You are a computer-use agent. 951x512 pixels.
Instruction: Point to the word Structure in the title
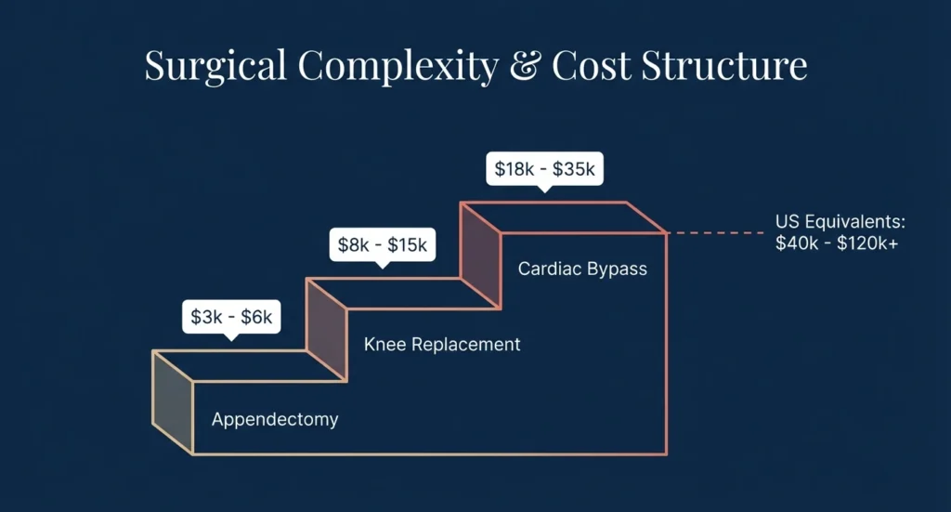(x=727, y=67)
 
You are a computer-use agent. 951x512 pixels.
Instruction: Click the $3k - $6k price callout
(x=231, y=317)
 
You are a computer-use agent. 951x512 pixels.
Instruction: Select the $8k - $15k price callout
(x=382, y=245)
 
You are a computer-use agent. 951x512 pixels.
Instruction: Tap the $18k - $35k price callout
(x=543, y=170)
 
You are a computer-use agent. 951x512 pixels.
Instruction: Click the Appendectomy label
(x=275, y=419)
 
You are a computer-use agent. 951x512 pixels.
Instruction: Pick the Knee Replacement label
(x=442, y=345)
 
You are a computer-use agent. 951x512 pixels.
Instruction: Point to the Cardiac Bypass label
(x=582, y=269)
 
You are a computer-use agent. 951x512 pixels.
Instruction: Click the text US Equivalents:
(x=840, y=223)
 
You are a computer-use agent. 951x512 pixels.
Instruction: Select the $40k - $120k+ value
(x=836, y=243)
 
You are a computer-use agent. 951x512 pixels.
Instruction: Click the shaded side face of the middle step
(x=326, y=329)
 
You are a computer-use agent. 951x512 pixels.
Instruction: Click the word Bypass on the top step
(x=617, y=269)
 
